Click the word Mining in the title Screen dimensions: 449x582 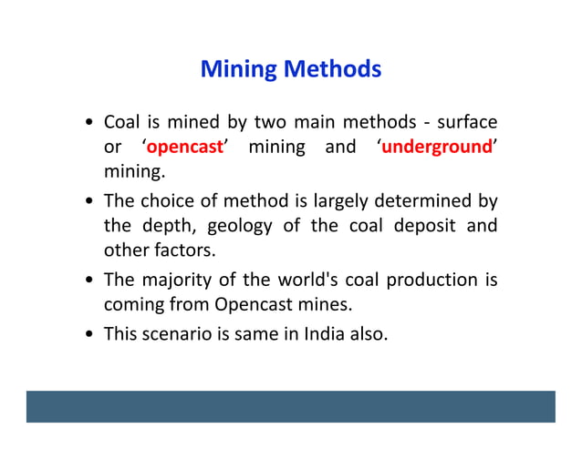(238, 69)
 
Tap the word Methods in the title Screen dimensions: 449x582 (331, 69)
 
